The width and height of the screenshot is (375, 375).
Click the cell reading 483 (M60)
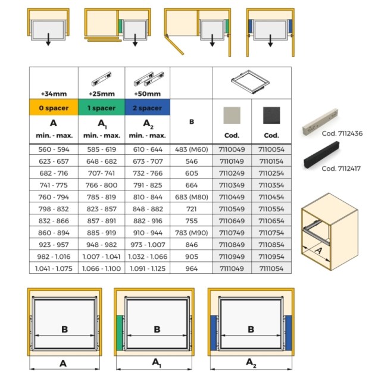pyautogui.click(x=191, y=149)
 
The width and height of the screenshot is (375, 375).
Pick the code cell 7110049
pyautogui.click(x=232, y=149)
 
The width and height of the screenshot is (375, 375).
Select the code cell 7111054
pyautogui.click(x=271, y=268)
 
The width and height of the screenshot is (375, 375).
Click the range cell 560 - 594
pyautogui.click(x=54, y=149)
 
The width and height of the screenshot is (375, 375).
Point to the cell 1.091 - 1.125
pyautogui.click(x=148, y=268)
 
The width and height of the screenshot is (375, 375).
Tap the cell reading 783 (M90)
pyautogui.click(x=191, y=232)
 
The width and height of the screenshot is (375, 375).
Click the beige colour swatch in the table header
pyautogui.click(x=232, y=115)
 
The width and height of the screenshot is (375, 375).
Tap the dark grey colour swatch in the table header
pyautogui.click(x=271, y=115)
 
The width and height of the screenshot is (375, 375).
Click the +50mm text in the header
pyautogui.click(x=148, y=93)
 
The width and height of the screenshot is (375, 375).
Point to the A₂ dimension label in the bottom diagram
pyautogui.click(x=251, y=361)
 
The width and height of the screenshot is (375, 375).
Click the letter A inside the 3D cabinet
pyautogui.click(x=318, y=251)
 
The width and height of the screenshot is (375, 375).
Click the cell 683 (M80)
pyautogui.click(x=191, y=196)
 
